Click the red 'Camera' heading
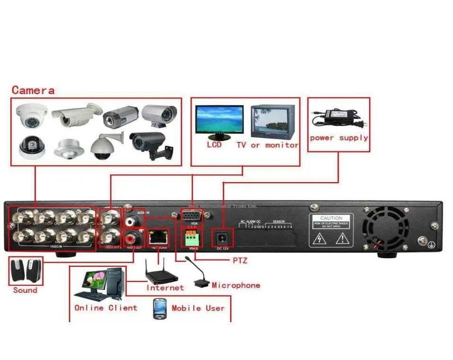click(33, 90)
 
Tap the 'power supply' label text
click(339, 138)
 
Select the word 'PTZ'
click(240, 260)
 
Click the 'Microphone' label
click(236, 285)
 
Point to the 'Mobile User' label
click(198, 308)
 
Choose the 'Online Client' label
click(105, 307)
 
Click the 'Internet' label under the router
click(165, 288)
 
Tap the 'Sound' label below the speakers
click(25, 290)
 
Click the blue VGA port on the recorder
click(192, 216)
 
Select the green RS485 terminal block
click(192, 236)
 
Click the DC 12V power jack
click(222, 237)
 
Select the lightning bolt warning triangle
click(321, 239)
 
